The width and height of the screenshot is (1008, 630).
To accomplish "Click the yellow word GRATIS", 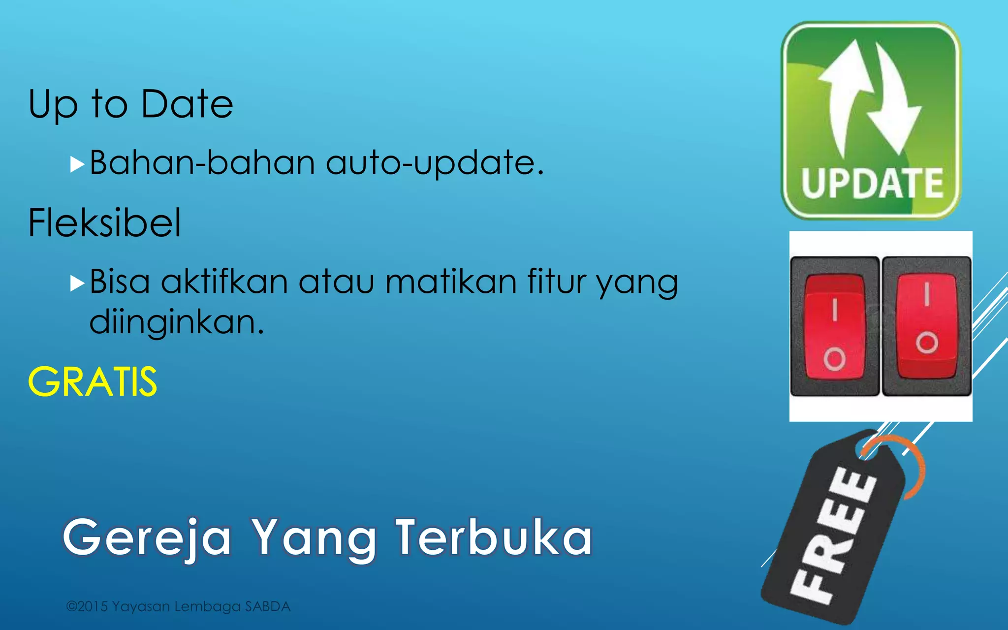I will click(93, 382).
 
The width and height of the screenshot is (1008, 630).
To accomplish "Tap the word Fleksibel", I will click(104, 223).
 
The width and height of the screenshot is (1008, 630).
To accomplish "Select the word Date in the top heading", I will click(187, 104).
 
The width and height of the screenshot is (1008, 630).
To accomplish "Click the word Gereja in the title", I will click(147, 538).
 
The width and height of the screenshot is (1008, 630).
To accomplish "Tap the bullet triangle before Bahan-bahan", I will click(77, 164).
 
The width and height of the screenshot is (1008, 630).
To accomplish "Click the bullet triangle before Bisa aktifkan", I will click(77, 283).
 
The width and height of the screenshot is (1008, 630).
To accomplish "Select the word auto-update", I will click(434, 163).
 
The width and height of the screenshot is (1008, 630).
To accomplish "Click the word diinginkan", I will click(177, 322).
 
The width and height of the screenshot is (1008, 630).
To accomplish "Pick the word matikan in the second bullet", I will click(451, 282).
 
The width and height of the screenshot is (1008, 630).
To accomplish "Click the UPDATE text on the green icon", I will click(872, 183).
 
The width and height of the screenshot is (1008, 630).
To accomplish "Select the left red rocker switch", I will click(834, 327).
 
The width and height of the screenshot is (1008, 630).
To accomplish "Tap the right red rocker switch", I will click(926, 325).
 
